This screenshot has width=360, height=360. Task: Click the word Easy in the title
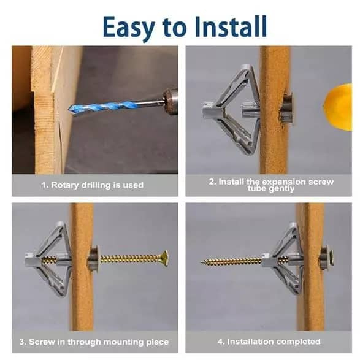(x=129, y=28)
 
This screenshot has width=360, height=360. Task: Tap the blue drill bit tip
(x=70, y=109)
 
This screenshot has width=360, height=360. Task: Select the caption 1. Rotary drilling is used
(x=93, y=185)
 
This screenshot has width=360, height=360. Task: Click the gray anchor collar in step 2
(x=288, y=110)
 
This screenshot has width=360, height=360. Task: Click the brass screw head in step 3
(x=164, y=259)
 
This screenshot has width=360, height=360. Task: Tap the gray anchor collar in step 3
(x=93, y=259)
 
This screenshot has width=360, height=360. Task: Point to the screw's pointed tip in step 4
(x=202, y=262)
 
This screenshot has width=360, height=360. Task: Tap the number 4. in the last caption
(x=221, y=342)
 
